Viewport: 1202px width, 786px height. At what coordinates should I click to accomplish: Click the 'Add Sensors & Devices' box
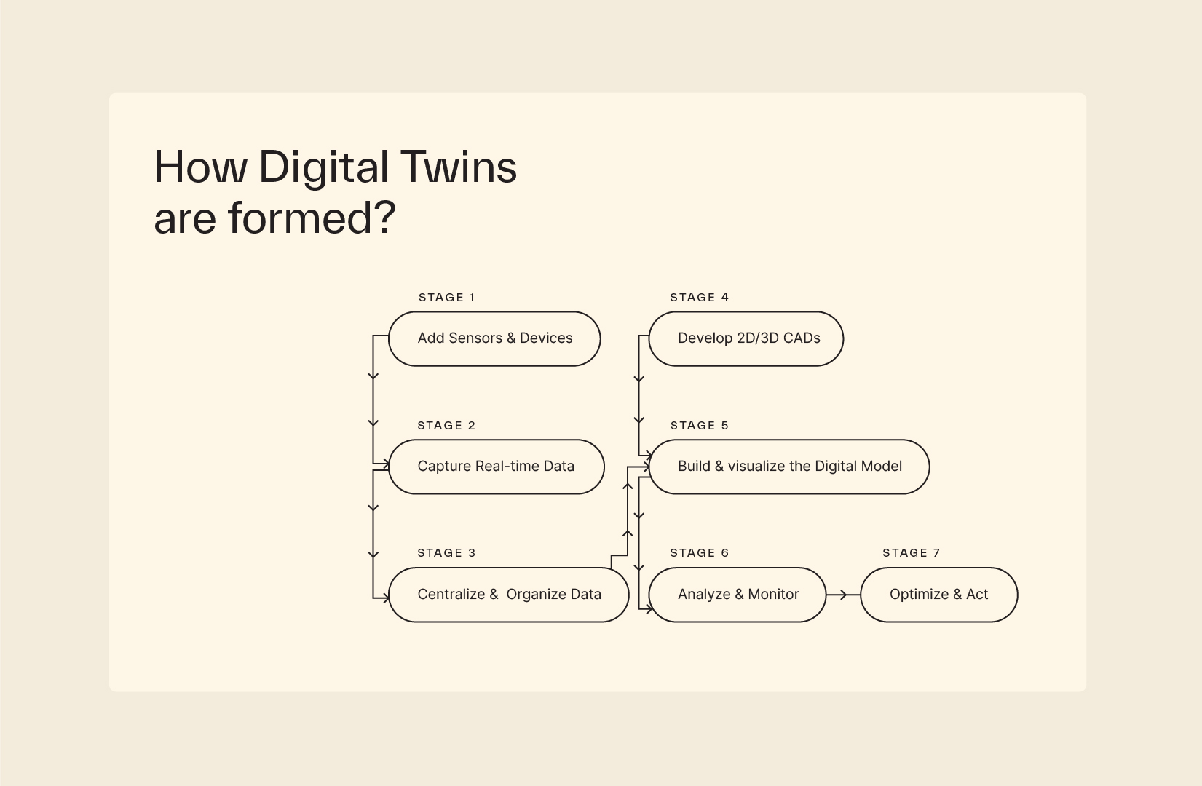click(494, 338)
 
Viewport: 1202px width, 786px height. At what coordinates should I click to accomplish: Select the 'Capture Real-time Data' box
click(497, 467)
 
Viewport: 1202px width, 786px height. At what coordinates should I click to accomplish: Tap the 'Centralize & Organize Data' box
click(509, 595)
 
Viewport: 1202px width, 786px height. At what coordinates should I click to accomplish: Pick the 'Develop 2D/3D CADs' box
click(746, 338)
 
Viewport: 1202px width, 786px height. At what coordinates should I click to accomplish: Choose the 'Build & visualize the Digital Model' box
click(788, 467)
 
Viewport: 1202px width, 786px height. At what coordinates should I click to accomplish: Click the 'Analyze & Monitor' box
click(738, 595)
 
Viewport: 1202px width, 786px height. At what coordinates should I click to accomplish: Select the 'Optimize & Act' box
click(939, 595)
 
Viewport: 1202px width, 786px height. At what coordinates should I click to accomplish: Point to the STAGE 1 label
click(446, 297)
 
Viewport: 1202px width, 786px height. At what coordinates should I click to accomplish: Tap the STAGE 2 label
click(446, 426)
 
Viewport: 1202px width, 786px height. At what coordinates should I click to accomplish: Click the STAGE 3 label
click(446, 552)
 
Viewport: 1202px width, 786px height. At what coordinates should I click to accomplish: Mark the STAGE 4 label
click(699, 297)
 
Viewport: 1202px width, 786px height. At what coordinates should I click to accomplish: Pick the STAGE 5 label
click(699, 426)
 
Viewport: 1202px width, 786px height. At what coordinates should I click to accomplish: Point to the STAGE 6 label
click(699, 552)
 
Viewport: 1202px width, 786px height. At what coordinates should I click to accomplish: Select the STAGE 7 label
click(912, 552)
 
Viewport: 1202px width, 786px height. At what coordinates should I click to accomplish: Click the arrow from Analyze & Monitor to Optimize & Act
click(844, 595)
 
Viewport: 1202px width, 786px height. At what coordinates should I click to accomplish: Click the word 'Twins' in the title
click(458, 167)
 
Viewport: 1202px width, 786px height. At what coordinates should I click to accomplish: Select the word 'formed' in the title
click(300, 218)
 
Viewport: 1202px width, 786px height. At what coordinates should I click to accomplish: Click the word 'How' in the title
click(201, 167)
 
